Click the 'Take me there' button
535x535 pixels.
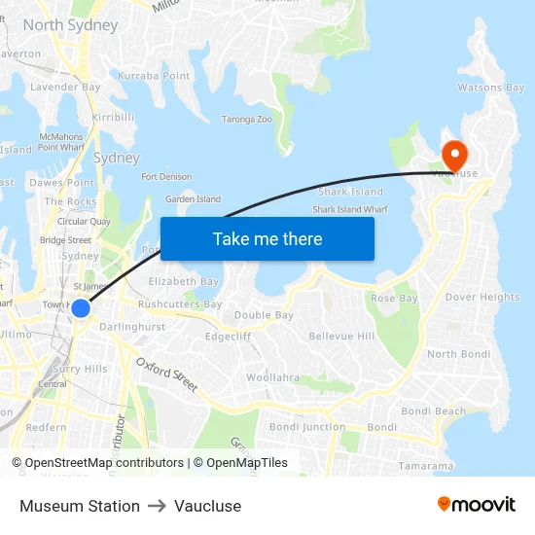[x=267, y=238]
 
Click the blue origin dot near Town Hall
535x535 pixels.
[x=81, y=307]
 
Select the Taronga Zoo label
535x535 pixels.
[x=247, y=120]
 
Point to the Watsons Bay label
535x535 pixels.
[x=491, y=89]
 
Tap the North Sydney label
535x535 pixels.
[x=70, y=25]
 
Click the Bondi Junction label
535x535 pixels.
[x=307, y=427]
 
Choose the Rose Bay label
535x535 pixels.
[x=394, y=298]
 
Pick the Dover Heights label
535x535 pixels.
[x=482, y=297]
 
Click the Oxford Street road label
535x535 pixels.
[x=167, y=374]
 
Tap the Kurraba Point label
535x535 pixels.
[x=154, y=76]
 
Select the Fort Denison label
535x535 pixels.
[x=166, y=177]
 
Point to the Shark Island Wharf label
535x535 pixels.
[x=350, y=209]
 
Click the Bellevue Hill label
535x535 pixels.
[x=341, y=336]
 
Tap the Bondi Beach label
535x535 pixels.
[x=434, y=411]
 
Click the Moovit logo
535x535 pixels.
[x=476, y=504]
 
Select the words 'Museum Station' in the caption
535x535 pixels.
[x=80, y=506]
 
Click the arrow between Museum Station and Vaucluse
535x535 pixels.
[x=157, y=506]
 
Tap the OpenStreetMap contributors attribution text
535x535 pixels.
[x=104, y=463]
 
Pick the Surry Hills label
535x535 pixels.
[x=81, y=369]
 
